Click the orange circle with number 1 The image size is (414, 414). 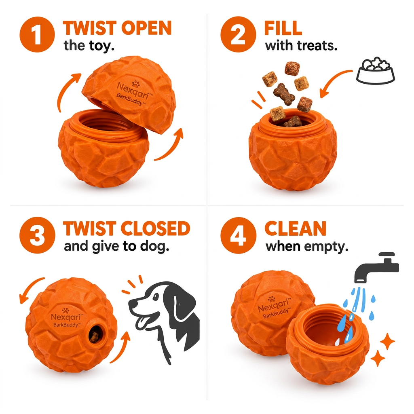pyautogui.click(x=37, y=34)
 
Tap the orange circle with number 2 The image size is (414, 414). pyautogui.click(x=238, y=34)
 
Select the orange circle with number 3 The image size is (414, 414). pyautogui.click(x=37, y=235)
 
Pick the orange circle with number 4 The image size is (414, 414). pyautogui.click(x=238, y=235)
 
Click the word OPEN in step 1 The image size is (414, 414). pyautogui.click(x=148, y=28)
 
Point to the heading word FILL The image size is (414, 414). pyautogui.click(x=283, y=28)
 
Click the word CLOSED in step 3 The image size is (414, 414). pyautogui.click(x=155, y=228)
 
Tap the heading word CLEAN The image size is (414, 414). pyautogui.click(x=295, y=228)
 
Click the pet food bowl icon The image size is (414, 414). pyautogui.click(x=376, y=70)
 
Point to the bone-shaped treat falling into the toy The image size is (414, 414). pyautogui.click(x=284, y=94)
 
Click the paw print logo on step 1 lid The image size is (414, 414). pyautogui.click(x=136, y=84)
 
